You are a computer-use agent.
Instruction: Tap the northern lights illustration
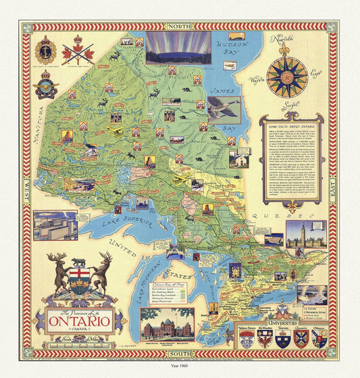(178, 48)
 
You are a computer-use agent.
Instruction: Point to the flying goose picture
(224, 109)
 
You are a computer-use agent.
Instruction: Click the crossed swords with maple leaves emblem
(78, 51)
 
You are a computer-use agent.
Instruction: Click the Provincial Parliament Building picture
(167, 324)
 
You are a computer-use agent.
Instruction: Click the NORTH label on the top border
(179, 26)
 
